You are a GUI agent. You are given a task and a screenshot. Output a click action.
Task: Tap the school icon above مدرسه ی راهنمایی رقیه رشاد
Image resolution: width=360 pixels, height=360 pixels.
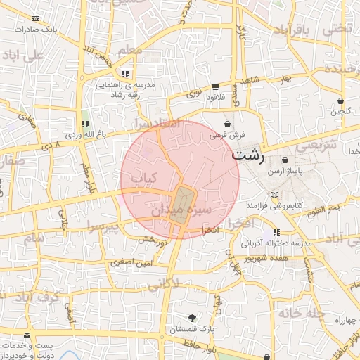coord(125,74)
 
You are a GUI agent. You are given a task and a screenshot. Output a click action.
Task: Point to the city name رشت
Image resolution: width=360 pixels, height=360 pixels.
coord(247,155)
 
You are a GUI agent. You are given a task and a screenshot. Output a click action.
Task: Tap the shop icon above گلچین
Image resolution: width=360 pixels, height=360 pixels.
coord(340,101)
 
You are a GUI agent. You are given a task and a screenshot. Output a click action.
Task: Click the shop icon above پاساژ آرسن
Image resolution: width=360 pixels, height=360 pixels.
coord(284,160)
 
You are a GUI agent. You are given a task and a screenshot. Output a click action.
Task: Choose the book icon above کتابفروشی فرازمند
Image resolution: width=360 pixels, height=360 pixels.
coord(274,193)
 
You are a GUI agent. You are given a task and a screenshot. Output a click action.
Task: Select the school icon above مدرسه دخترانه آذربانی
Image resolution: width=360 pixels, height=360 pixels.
coord(276,232)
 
